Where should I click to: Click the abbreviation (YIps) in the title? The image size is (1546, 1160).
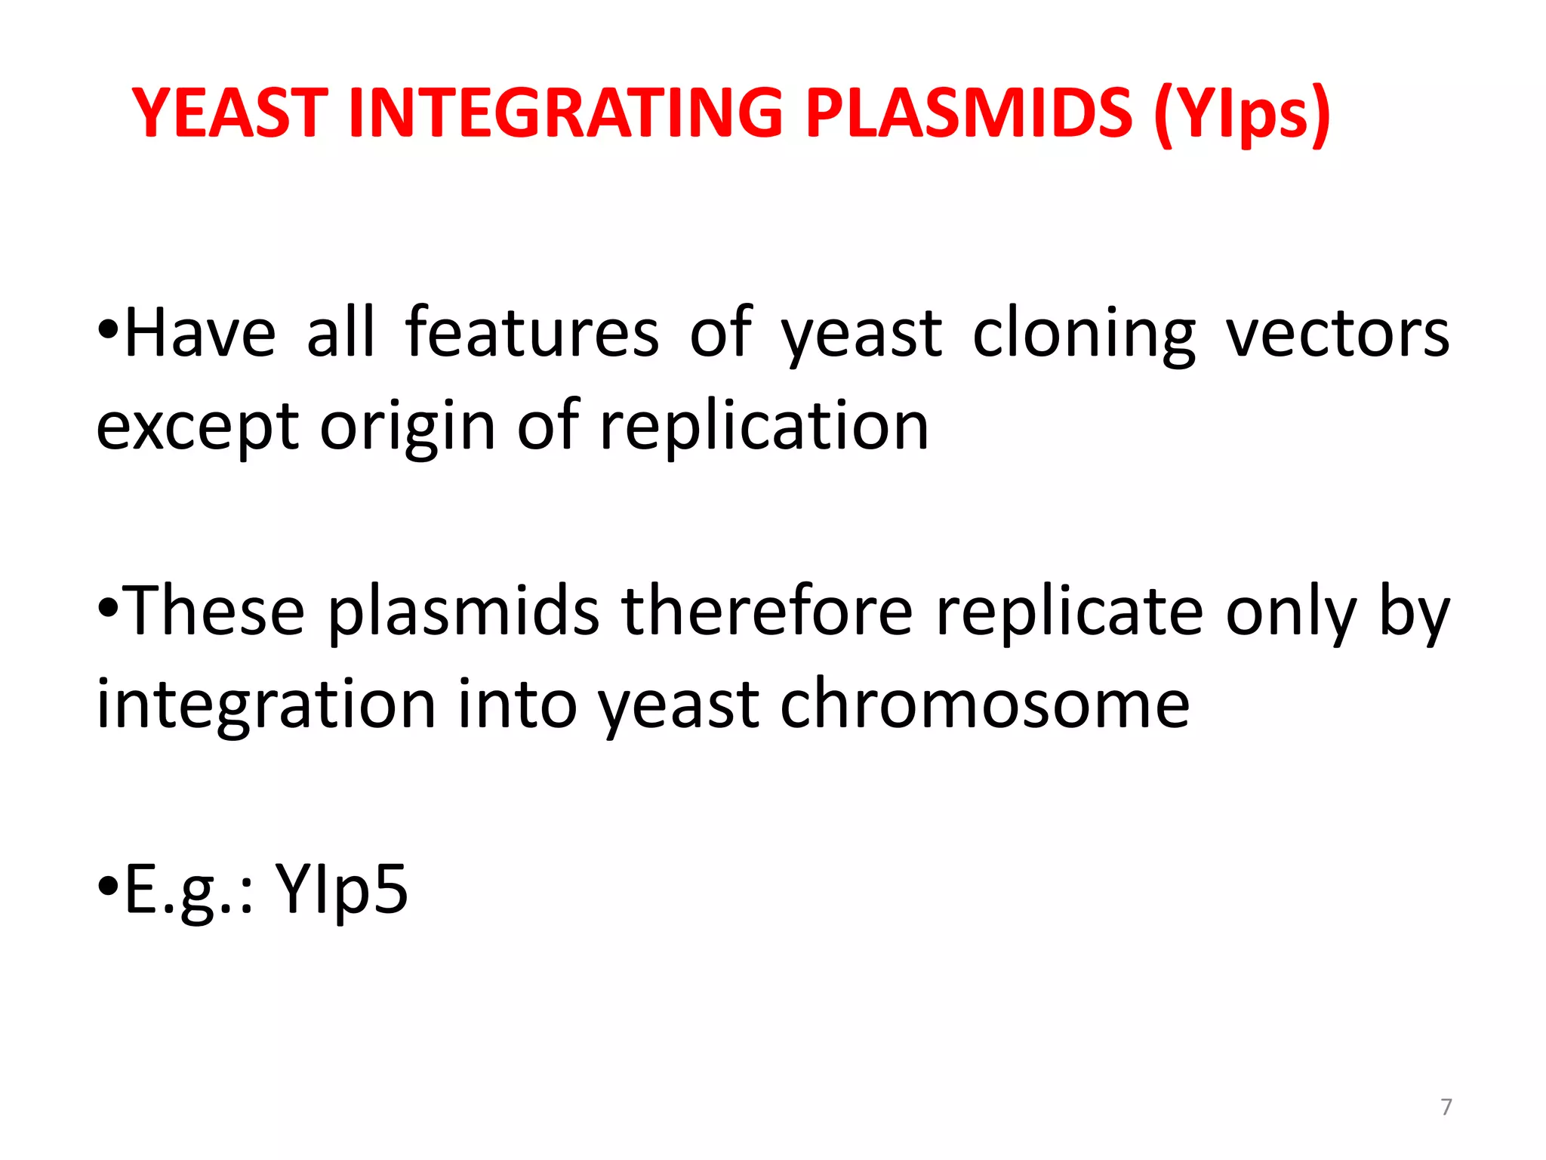(x=1242, y=115)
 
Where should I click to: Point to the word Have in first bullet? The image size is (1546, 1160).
(x=200, y=333)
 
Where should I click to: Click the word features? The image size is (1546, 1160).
(x=532, y=333)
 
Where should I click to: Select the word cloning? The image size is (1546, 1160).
(x=1084, y=335)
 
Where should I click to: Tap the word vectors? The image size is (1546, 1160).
(x=1337, y=335)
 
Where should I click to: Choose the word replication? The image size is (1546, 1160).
(x=764, y=427)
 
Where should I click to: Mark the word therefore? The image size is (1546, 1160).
(x=767, y=611)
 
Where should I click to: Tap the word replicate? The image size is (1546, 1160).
(x=1069, y=612)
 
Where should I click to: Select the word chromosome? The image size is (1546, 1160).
(x=984, y=704)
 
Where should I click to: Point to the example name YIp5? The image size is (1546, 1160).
(x=341, y=889)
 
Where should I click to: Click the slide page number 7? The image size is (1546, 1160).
(x=1446, y=1107)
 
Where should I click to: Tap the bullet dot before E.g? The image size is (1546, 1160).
(x=109, y=884)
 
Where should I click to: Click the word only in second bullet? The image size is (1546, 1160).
(x=1290, y=612)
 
